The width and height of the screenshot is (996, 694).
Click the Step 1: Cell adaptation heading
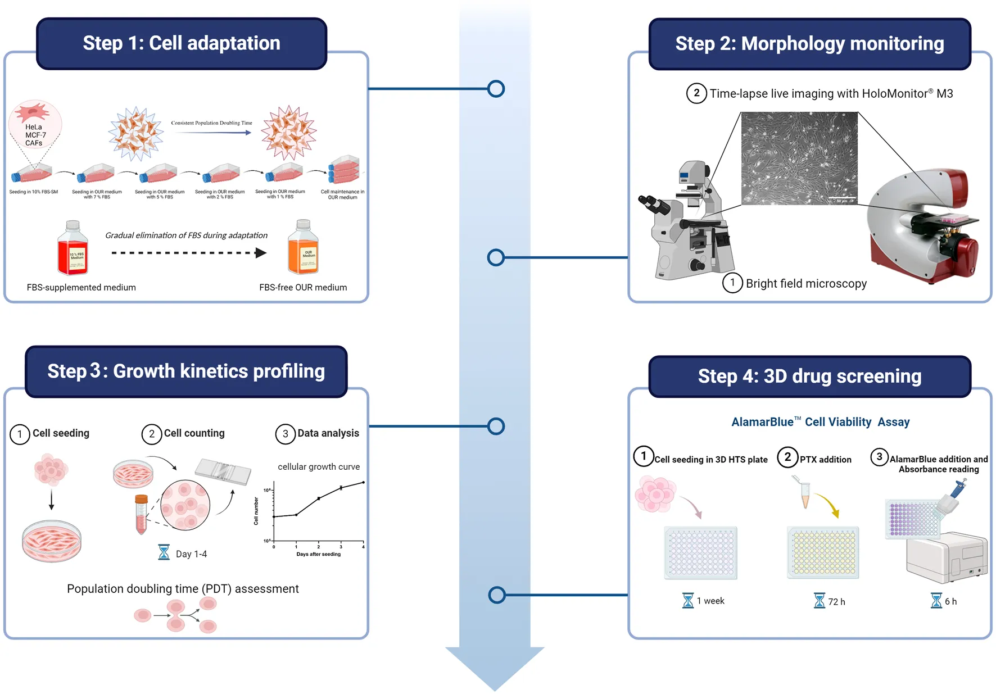tap(182, 43)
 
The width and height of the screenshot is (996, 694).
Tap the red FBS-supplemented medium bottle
tap(73, 249)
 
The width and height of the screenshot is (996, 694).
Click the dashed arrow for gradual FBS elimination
tap(188, 253)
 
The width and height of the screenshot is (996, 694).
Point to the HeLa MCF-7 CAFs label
tap(35, 135)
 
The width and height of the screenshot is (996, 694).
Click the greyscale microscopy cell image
tap(799, 158)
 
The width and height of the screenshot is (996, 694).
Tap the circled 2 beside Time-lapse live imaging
tap(696, 93)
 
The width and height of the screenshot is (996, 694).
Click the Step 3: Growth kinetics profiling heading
tap(186, 371)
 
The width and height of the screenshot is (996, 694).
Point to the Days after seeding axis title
tap(318, 554)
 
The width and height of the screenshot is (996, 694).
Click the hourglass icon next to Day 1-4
tap(164, 552)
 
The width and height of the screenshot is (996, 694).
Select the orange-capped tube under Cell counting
tap(141, 514)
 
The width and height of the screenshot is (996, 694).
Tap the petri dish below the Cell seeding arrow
tap(52, 541)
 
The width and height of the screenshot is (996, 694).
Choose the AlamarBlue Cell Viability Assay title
tap(820, 422)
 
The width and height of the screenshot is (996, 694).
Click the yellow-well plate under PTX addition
tap(823, 553)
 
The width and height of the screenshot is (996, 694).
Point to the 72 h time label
tap(836, 602)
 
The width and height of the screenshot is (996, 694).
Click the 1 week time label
tap(710, 601)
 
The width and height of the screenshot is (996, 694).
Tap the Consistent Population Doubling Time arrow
tap(212, 133)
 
